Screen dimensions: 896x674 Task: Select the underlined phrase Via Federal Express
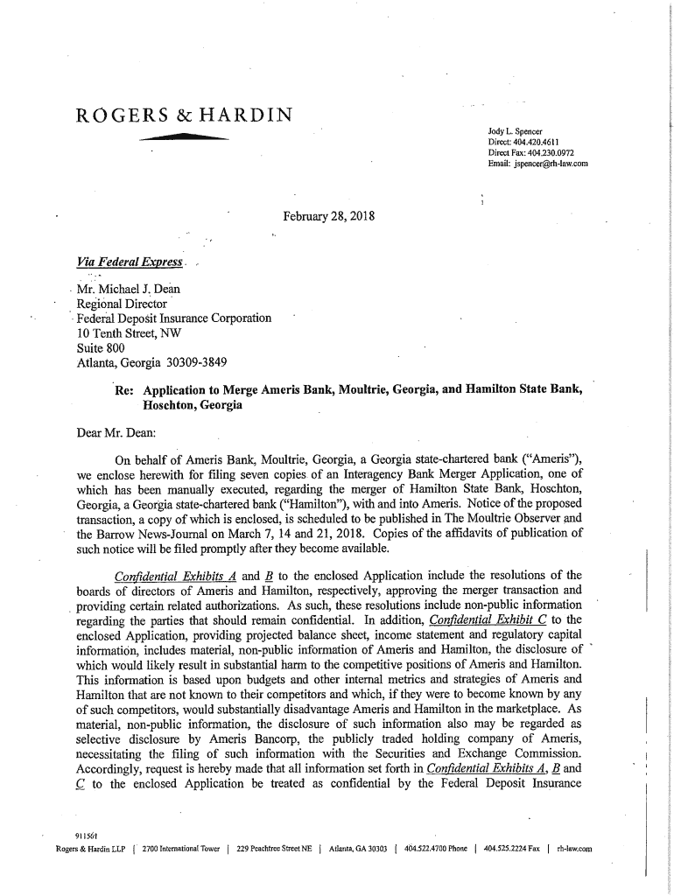[130, 262]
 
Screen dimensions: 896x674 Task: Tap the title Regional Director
[122, 304]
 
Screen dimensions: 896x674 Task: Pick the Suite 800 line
[102, 347]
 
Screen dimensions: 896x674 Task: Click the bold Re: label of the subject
[123, 391]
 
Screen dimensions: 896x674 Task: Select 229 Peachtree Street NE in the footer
[275, 847]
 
